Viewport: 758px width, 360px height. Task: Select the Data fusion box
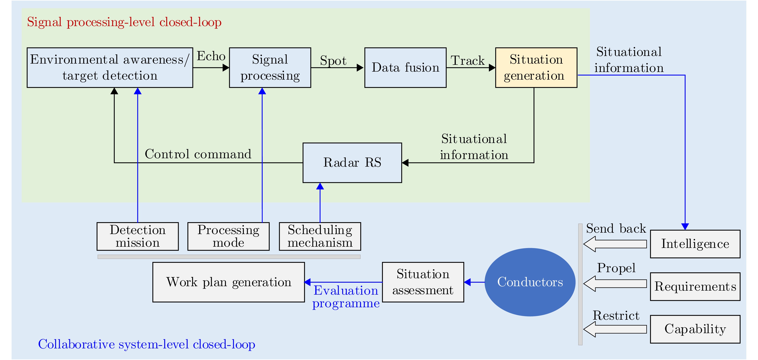click(x=405, y=67)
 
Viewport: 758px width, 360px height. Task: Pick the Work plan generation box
click(x=228, y=282)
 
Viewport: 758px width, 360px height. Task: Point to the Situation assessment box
click(x=423, y=282)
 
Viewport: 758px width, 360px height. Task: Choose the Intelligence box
click(x=695, y=244)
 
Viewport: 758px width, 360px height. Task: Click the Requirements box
click(x=695, y=286)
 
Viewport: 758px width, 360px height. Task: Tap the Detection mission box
click(x=137, y=236)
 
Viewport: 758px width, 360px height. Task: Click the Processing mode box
click(x=228, y=236)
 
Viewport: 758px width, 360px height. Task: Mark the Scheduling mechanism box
click(x=320, y=236)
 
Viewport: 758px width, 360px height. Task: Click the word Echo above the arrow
click(x=211, y=56)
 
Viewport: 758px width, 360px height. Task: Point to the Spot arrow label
click(x=333, y=60)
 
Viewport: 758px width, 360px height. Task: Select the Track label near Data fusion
click(x=468, y=60)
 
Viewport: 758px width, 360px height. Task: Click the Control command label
click(x=198, y=154)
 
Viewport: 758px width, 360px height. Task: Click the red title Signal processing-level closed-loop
click(x=124, y=22)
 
